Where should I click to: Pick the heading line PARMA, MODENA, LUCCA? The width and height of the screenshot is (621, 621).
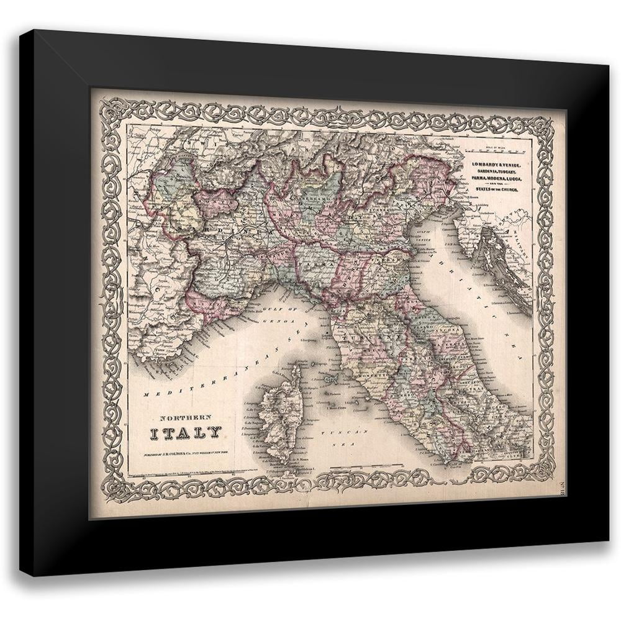coord(495,178)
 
